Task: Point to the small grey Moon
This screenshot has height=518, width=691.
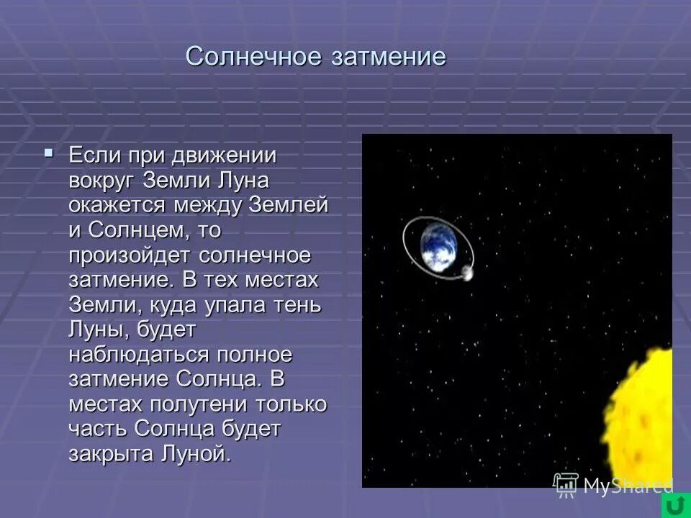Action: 466,273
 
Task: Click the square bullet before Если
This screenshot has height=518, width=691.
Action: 48,153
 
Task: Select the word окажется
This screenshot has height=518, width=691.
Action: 118,205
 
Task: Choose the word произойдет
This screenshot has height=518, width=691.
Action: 129,255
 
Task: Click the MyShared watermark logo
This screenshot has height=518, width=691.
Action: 612,486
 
